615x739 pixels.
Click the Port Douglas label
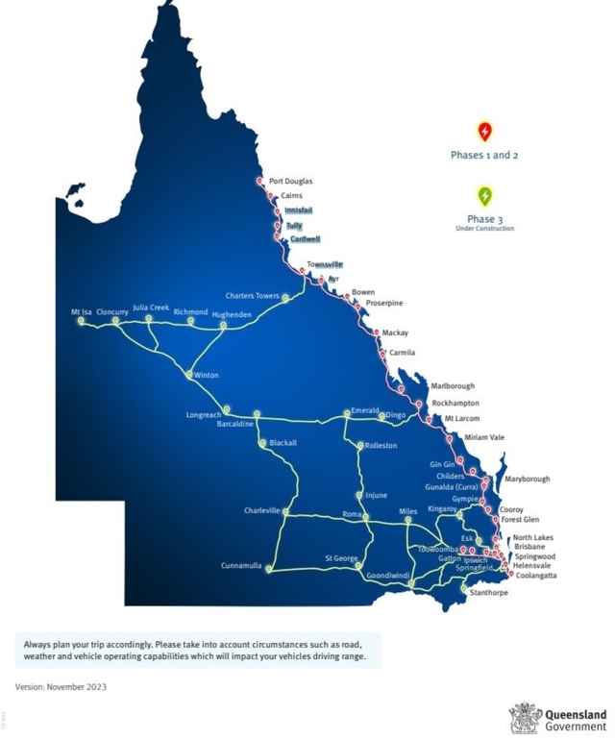[290, 181]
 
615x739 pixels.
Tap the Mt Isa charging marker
[81, 322]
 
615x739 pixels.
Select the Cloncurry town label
[112, 311]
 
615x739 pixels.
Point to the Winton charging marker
[190, 375]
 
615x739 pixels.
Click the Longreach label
[204, 415]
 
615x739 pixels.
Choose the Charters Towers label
[252, 296]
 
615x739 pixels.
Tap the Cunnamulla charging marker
[269, 569]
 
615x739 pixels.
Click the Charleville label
[261, 510]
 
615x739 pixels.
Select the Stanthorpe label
[489, 593]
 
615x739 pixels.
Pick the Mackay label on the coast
[395, 333]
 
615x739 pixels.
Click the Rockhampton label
[455, 404]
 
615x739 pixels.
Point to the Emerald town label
[365, 410]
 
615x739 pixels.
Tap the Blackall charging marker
[262, 443]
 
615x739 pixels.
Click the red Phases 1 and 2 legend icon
[485, 132]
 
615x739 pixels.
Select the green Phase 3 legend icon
[485, 196]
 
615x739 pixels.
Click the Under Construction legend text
[484, 229]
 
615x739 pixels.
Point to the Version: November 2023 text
[61, 686]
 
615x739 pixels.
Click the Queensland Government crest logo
[525, 718]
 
